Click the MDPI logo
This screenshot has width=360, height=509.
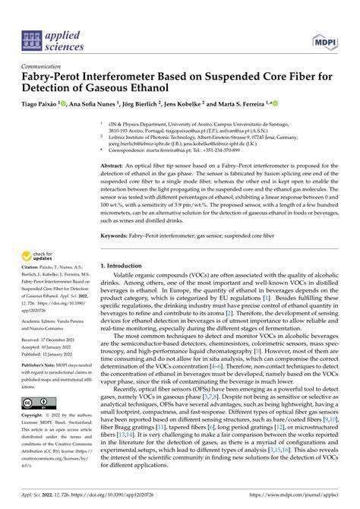pyautogui.click(x=325, y=39)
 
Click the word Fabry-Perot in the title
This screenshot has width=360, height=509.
pyautogui.click(x=55, y=75)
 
